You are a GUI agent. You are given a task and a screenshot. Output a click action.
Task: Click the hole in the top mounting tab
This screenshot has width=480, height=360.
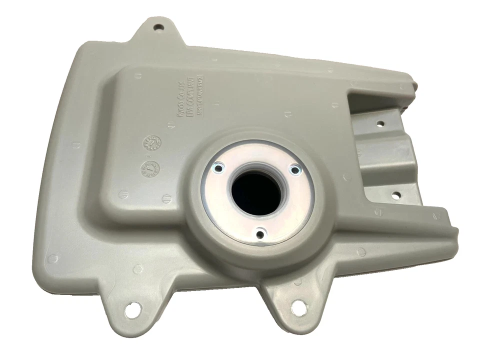pos(158,27)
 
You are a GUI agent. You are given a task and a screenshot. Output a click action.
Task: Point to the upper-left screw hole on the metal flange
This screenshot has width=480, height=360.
pos(217,168)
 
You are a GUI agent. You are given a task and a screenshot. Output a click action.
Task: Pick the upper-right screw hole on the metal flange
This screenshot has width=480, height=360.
pos(295,170)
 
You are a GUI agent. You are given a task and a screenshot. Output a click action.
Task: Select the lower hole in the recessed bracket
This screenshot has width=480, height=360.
pos(395,195)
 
